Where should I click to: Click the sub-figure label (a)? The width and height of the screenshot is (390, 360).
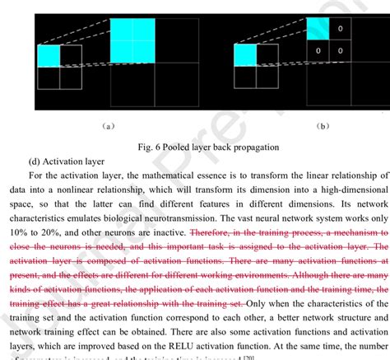tap(109, 126)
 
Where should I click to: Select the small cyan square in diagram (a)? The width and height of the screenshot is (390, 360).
tap(48, 55)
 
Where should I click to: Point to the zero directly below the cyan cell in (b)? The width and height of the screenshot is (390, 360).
tap(318, 50)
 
